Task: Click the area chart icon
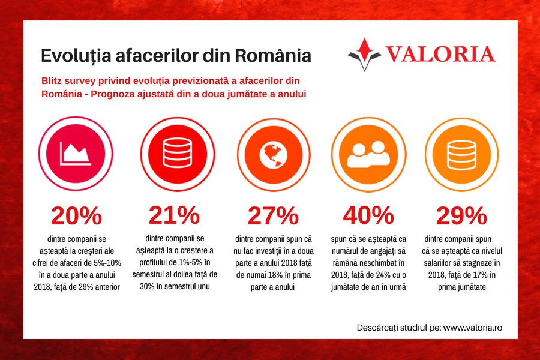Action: coord(76,154)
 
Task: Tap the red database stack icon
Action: coord(173,154)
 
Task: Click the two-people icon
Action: coord(368,154)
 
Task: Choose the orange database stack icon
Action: coord(463,154)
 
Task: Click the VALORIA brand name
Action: coord(440,55)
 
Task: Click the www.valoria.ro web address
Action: coord(472,328)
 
